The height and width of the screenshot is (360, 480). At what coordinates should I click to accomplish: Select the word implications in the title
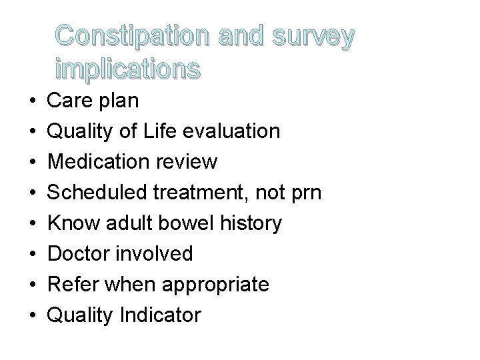pyautogui.click(x=127, y=69)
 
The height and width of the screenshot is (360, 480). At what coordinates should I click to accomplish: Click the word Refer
pyautogui.click(x=69, y=284)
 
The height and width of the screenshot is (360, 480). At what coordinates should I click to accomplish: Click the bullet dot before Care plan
pyautogui.click(x=33, y=101)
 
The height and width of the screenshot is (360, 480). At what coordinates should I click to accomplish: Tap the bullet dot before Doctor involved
pyautogui.click(x=33, y=254)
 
